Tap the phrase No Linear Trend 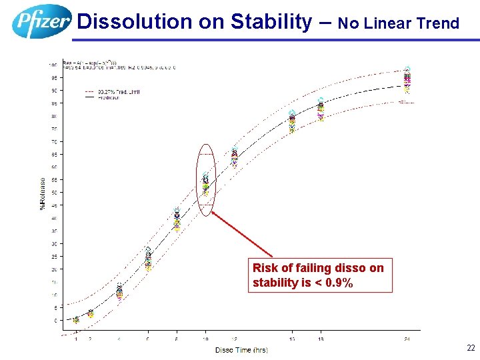tap(399, 24)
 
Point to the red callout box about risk tap(320, 275)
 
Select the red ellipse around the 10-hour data tap(207, 180)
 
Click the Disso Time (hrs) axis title tap(241, 350)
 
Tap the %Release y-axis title tap(43, 193)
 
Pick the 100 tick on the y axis tap(52, 65)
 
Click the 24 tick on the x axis tap(407, 339)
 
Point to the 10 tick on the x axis tap(206, 339)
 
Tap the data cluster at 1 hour tap(76, 320)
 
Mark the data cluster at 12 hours tap(235, 157)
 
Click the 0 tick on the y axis tap(56, 321)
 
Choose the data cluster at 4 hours tap(119, 291)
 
